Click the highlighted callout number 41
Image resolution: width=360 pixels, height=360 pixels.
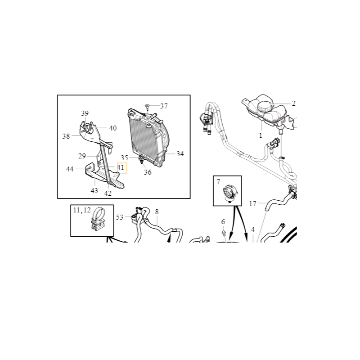pyautogui.click(x=121, y=167)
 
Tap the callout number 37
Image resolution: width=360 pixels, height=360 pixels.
pyautogui.click(x=164, y=106)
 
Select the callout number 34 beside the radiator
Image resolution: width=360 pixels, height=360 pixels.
pyautogui.click(x=180, y=154)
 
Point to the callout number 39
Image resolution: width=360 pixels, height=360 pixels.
pyautogui.click(x=85, y=113)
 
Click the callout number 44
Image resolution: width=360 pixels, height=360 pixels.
pyautogui.click(x=70, y=169)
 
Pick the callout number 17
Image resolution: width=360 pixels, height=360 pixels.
pyautogui.click(x=252, y=204)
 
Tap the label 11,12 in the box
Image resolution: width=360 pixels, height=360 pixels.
pyautogui.click(x=82, y=210)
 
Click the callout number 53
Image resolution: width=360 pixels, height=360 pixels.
pyautogui.click(x=120, y=217)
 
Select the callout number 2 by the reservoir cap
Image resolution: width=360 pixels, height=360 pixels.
pyautogui.click(x=294, y=103)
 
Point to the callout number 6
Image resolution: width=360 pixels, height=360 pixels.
pyautogui.click(x=223, y=222)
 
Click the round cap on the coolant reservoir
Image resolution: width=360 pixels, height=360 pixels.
pyautogui.click(x=265, y=107)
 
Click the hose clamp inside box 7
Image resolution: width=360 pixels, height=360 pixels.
pyautogui.click(x=230, y=193)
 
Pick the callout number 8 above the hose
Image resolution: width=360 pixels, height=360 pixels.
pyautogui.click(x=157, y=211)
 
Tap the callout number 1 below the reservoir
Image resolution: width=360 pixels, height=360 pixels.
pyautogui.click(x=261, y=135)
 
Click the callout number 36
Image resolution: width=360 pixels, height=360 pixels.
pyautogui.click(x=148, y=172)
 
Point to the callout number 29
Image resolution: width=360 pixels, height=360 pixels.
pyautogui.click(x=82, y=156)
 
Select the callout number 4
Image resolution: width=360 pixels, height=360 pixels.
pyautogui.click(x=253, y=229)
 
